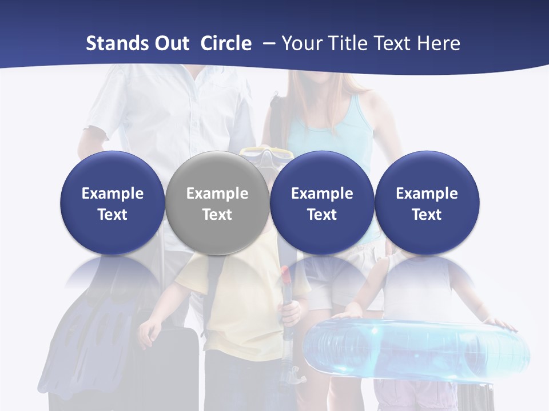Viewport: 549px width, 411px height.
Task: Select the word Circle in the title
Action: click(x=226, y=43)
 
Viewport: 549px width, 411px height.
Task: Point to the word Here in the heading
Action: click(x=439, y=43)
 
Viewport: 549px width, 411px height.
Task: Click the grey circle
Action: click(x=217, y=203)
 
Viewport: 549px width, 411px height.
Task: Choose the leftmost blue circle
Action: click(x=112, y=203)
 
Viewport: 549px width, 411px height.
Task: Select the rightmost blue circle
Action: click(x=427, y=203)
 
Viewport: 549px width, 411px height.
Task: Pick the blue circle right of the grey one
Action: click(x=322, y=203)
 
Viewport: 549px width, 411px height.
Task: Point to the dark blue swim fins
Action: click(x=80, y=337)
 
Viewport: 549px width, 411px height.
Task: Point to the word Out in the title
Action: click(x=169, y=43)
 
